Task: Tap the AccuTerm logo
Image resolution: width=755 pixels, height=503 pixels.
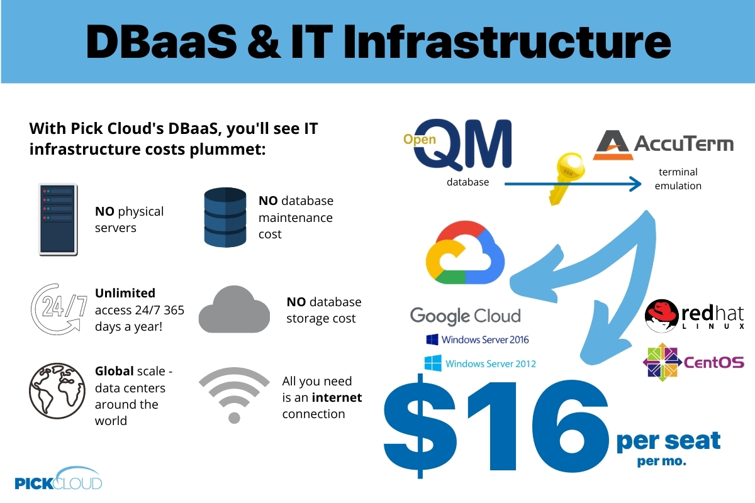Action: coord(663,145)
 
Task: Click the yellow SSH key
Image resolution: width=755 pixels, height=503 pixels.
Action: coord(566,179)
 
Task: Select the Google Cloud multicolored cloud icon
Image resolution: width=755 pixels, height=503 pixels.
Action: coord(465,252)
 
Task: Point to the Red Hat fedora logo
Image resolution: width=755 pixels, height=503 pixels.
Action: coord(661,316)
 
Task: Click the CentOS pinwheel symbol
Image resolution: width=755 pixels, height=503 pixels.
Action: coord(663,362)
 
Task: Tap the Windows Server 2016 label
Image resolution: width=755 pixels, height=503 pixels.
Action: coord(478,340)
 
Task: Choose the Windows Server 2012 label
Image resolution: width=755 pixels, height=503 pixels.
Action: coord(480,363)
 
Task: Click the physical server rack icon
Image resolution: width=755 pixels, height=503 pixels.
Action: coord(58,219)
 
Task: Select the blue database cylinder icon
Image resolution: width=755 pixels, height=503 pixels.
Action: coord(225,218)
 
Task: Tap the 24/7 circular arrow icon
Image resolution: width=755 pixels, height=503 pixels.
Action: coord(59,309)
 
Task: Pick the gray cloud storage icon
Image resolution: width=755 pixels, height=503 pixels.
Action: coord(234,309)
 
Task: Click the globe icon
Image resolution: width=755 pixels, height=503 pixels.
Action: coord(57,391)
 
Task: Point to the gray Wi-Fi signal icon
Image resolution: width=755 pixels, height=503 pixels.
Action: coord(234,395)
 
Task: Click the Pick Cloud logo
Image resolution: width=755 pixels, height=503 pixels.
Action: coord(59,478)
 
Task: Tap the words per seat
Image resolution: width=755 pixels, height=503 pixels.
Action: coord(668,441)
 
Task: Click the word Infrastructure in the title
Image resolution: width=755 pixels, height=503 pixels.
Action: coord(507,43)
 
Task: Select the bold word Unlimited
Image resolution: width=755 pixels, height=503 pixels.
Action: coord(125,293)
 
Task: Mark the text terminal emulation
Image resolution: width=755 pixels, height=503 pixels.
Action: coord(678,179)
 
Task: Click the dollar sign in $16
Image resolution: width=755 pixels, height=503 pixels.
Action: coord(420,426)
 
